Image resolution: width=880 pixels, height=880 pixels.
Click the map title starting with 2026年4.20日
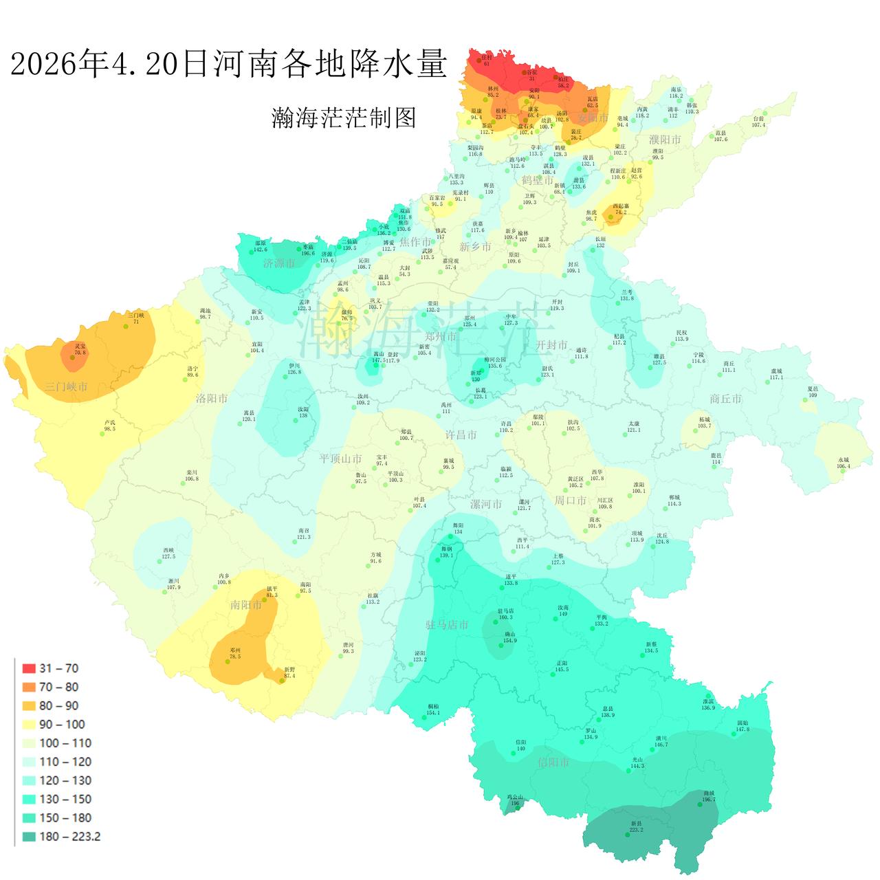(228, 64)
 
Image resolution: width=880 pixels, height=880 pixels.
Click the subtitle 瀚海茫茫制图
(344, 118)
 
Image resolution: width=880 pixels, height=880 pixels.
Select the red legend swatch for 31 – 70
(29, 668)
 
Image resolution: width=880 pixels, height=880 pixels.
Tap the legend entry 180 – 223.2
(69, 837)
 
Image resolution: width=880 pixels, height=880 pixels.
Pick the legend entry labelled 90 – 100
(62, 725)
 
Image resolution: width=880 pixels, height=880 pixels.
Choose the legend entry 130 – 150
(65, 800)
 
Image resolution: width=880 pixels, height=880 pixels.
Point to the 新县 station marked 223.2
(636, 826)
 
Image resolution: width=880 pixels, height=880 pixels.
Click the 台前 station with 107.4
(758, 122)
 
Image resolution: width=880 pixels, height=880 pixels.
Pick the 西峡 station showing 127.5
(168, 553)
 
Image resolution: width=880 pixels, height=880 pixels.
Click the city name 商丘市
(725, 399)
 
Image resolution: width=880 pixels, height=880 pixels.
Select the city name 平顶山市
(340, 459)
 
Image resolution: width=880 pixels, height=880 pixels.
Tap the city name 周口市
(570, 500)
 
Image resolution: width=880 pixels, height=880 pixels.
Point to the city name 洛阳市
(211, 398)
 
